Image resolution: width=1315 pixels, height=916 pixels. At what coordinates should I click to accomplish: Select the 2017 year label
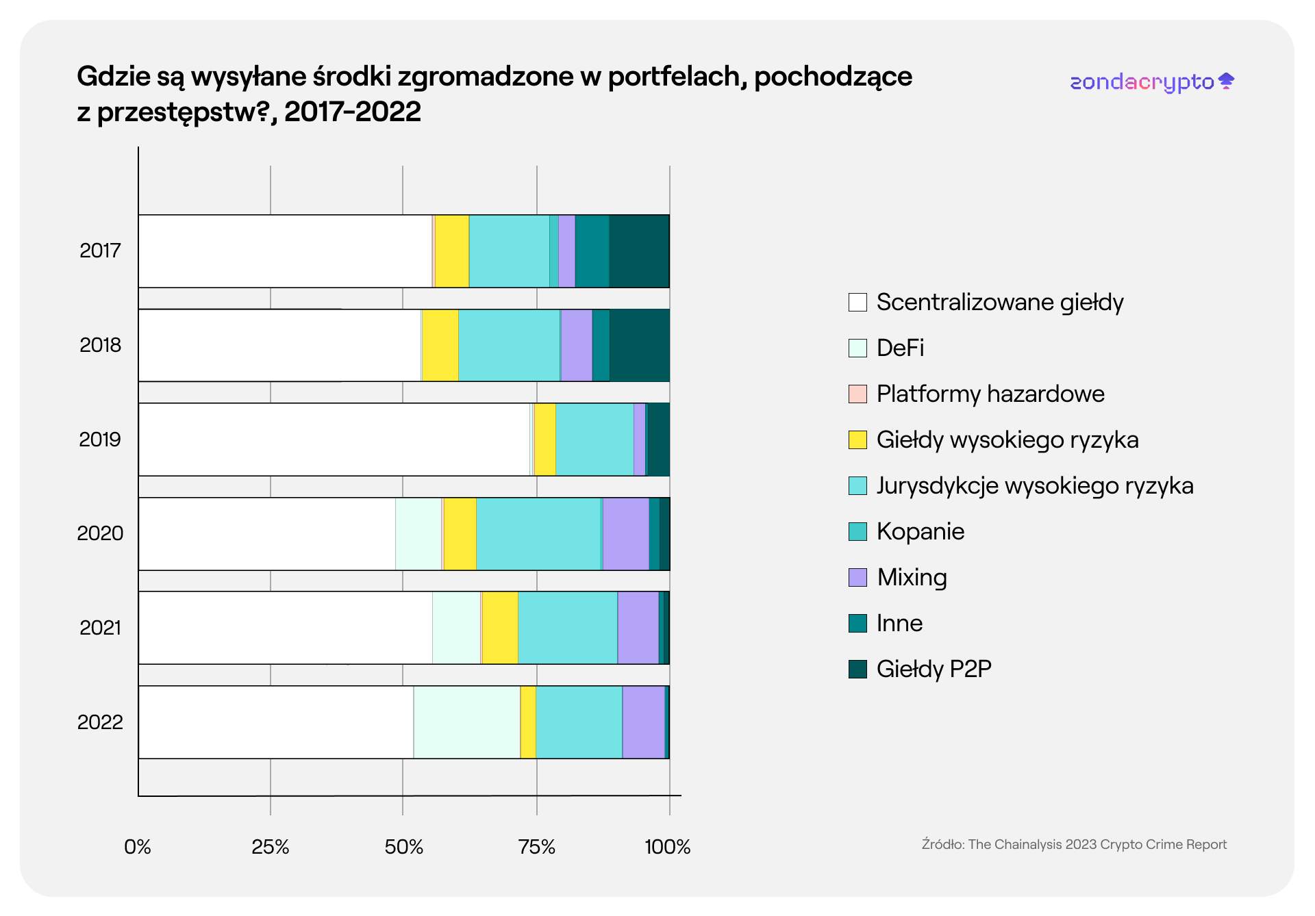[100, 251]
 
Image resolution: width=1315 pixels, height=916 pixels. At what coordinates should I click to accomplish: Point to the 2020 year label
[100, 533]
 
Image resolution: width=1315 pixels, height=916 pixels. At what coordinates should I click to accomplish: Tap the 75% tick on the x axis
[537, 847]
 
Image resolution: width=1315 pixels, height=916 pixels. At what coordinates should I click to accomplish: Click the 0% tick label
[138, 847]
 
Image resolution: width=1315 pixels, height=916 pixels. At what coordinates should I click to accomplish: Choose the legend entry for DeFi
[900, 348]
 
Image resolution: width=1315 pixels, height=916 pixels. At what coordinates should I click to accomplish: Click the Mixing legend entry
[912, 577]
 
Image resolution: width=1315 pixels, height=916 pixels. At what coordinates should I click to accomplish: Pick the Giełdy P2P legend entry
[934, 669]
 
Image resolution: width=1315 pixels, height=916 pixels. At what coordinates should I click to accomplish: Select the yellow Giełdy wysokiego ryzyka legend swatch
[857, 440]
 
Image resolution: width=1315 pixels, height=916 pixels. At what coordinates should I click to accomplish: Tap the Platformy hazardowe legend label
[990, 394]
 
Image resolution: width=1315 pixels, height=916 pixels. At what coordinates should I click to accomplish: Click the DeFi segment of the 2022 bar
[466, 722]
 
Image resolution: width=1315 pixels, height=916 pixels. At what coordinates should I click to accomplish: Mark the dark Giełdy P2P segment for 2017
[639, 251]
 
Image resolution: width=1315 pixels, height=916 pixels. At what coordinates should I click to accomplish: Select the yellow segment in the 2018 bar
[440, 345]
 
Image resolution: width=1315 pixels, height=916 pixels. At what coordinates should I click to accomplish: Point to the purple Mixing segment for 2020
[625, 534]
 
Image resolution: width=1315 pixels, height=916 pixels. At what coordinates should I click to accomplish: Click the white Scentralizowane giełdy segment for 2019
[334, 440]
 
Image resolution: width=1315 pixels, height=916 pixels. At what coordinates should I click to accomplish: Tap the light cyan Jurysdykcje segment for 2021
[567, 628]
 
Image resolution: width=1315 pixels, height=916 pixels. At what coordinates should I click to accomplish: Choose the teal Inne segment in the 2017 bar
[592, 251]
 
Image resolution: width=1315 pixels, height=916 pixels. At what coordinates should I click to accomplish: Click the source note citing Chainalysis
[1074, 844]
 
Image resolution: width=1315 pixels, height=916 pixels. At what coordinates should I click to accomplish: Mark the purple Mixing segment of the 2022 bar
[643, 722]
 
